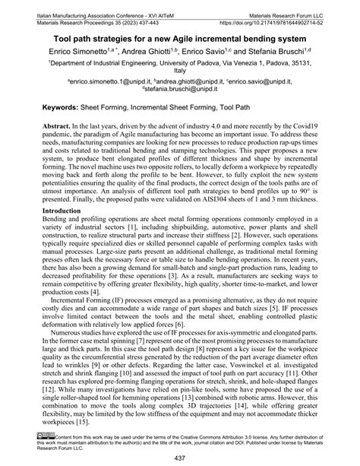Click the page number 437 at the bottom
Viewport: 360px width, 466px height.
(x=179, y=458)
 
